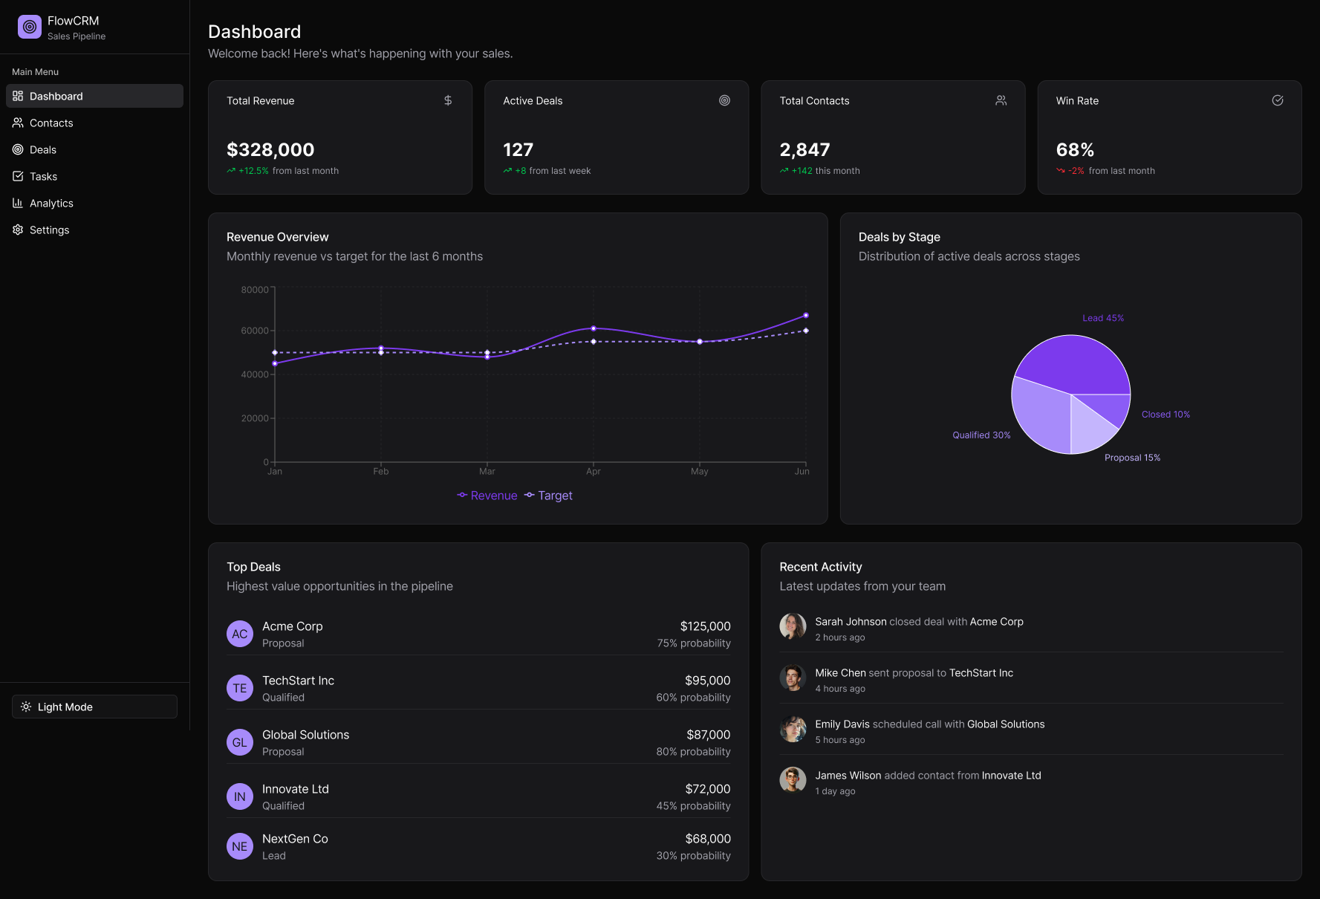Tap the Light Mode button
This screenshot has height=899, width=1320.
tap(94, 707)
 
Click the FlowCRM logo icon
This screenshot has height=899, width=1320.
tap(30, 27)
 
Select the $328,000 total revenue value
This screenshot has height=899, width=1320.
tap(270, 150)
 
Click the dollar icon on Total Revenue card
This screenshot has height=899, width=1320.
tap(448, 100)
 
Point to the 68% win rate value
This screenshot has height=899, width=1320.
tap(1075, 150)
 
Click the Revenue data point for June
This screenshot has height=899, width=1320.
tap(806, 316)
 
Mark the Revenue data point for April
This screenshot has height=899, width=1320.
tap(594, 328)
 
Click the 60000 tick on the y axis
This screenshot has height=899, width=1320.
tap(255, 331)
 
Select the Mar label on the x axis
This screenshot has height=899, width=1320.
tap(487, 471)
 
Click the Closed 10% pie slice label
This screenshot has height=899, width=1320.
tap(1165, 415)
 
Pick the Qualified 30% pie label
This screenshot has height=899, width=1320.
tap(981, 435)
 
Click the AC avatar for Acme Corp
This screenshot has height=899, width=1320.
tap(240, 634)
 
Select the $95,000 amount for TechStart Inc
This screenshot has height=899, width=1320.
tap(707, 681)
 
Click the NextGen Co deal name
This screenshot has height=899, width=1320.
tap(295, 839)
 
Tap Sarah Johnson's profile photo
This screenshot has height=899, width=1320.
tap(793, 626)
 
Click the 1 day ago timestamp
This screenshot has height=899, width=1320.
tap(835, 791)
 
